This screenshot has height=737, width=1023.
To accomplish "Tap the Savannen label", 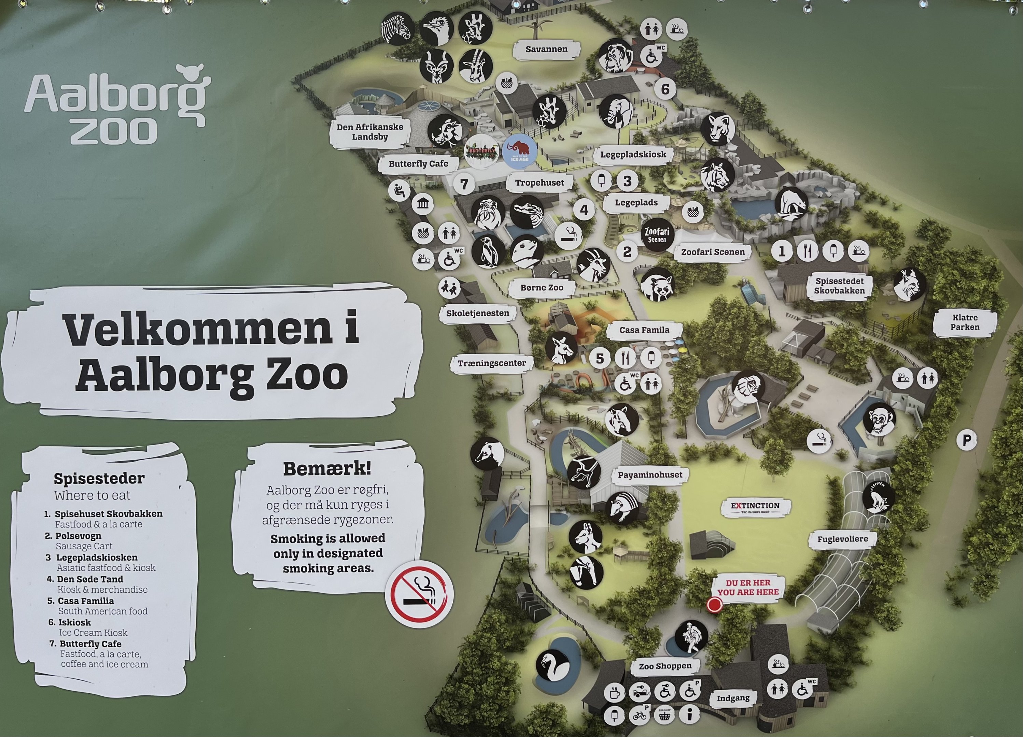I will [x=546, y=49].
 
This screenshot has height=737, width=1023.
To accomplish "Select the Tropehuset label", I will [x=539, y=183].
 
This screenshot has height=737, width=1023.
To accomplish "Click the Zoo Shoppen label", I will [x=665, y=666].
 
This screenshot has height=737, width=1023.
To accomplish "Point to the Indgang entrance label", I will [x=733, y=698].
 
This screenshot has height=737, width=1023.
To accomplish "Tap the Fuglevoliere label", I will [x=843, y=539].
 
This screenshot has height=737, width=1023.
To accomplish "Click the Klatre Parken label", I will [x=965, y=322].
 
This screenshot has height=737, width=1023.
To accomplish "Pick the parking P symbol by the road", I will [x=967, y=440].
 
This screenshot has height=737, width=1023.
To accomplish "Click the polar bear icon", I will [x=791, y=202].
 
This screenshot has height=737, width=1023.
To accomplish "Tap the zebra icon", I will [x=397, y=28].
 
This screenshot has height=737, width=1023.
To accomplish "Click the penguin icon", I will [x=488, y=251].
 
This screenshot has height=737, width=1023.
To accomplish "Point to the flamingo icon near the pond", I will [x=552, y=665].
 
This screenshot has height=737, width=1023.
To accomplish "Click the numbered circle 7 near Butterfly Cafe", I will [x=464, y=184].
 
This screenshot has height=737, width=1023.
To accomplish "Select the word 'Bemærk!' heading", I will [x=327, y=469].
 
